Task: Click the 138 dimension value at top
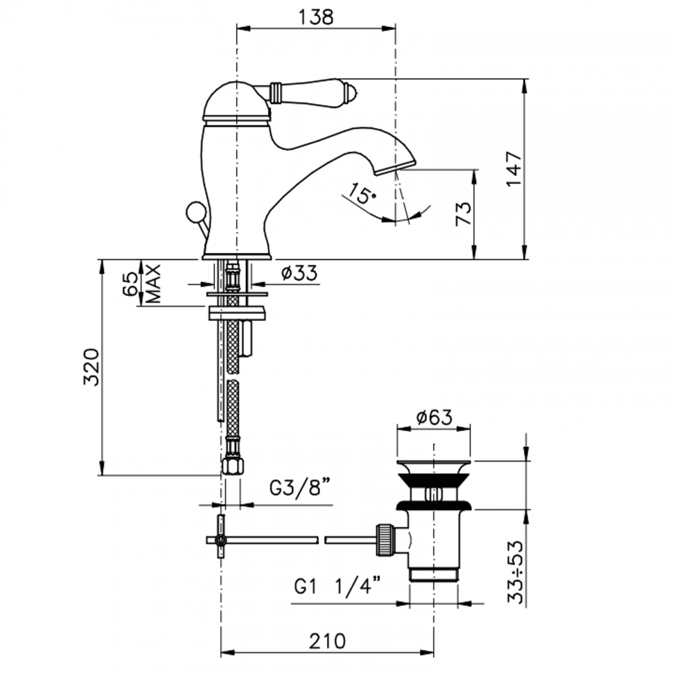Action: [x=316, y=17]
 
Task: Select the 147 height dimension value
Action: [x=513, y=169]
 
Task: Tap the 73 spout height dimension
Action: [x=463, y=214]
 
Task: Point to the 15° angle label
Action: [x=362, y=194]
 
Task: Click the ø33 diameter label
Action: [x=299, y=272]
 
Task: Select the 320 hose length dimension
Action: [x=91, y=367]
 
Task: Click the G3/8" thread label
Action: [x=300, y=488]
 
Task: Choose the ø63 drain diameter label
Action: [x=434, y=417]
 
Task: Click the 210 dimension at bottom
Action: [x=327, y=641]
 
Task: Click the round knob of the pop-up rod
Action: [x=194, y=212]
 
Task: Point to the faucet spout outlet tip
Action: [x=395, y=168]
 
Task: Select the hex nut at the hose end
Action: [x=232, y=465]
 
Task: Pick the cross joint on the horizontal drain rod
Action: [x=221, y=540]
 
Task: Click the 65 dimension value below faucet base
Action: [x=130, y=283]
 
